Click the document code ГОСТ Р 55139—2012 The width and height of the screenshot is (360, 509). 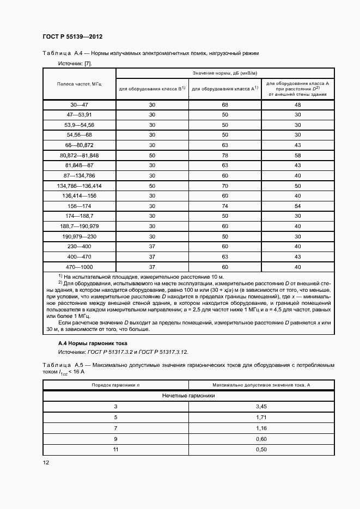click(72, 36)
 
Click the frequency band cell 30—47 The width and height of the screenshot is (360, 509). click(80, 105)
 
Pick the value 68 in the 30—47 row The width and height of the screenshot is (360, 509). click(224, 105)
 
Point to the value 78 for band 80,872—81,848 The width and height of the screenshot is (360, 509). click(224, 155)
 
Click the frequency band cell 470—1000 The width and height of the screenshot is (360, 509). click(80, 267)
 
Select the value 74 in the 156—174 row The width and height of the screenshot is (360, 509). click(224, 206)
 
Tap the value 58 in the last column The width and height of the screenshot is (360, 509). click(297, 155)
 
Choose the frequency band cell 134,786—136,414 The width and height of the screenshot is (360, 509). click(80, 186)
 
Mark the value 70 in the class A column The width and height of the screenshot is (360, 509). click(224, 186)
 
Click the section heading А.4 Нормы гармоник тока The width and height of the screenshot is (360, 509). click(92, 344)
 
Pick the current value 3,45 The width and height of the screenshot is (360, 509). click(261, 407)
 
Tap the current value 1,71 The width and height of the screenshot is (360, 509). click(261, 418)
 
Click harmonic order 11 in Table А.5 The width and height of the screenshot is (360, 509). click(115, 449)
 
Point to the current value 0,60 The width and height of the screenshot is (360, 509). click(261, 439)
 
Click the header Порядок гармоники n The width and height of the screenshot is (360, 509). click(115, 385)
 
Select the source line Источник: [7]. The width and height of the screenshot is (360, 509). click(75, 64)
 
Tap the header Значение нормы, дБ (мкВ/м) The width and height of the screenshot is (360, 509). click(224, 73)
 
